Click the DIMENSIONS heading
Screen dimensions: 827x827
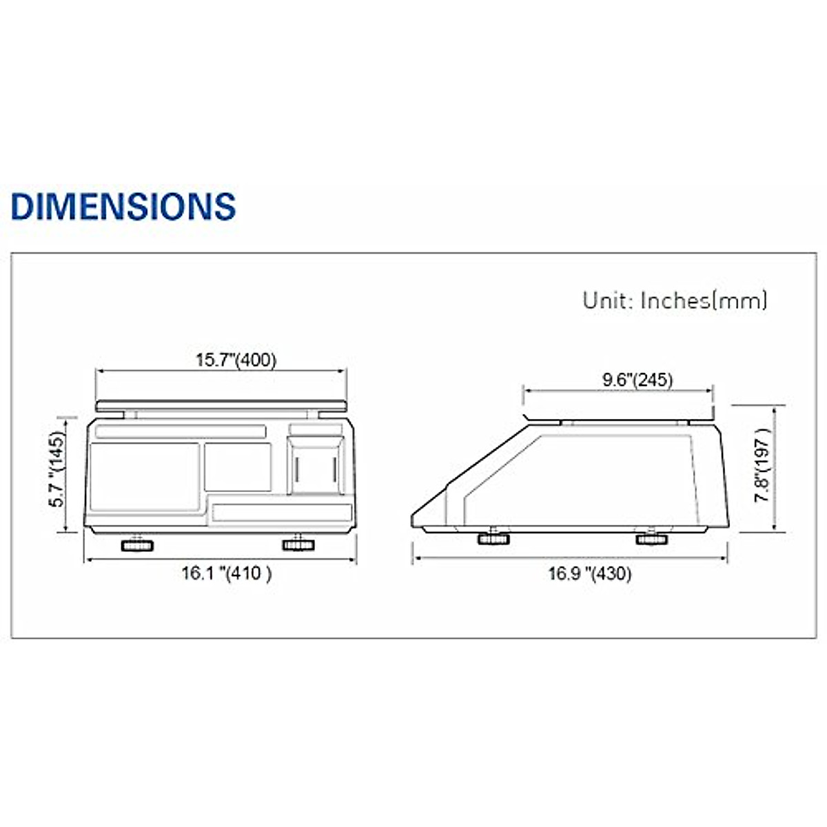coord(123,205)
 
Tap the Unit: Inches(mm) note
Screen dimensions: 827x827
coord(674,300)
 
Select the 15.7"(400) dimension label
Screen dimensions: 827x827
coord(236,360)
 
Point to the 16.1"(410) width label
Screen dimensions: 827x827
coord(226,573)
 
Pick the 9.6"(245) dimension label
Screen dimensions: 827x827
coord(637,379)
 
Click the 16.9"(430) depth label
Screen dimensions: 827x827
coord(589,573)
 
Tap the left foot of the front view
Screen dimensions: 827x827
coord(137,546)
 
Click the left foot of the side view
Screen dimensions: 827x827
coord(493,538)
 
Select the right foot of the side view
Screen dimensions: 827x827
coord(652,538)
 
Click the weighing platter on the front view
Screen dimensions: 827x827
coord(221,405)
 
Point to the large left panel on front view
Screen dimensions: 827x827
coord(145,476)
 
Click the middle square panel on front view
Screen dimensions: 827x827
coord(238,467)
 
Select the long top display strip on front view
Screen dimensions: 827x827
coord(181,432)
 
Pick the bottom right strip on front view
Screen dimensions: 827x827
coord(282,512)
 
